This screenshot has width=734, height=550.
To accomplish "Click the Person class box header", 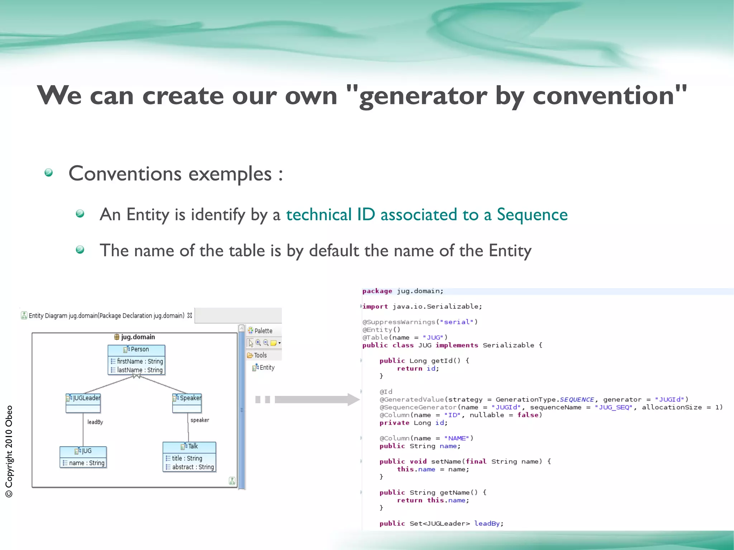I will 136,349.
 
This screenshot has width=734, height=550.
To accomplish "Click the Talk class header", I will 189,446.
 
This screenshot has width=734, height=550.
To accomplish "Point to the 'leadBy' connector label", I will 95,422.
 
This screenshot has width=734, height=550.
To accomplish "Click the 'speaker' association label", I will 200,420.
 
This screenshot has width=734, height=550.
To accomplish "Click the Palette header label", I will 263,331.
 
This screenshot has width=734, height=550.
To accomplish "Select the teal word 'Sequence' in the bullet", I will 532,215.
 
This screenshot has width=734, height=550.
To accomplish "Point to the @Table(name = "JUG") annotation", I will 405,338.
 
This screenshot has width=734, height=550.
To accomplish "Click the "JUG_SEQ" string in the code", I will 613,407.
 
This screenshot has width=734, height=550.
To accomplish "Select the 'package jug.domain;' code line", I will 402,291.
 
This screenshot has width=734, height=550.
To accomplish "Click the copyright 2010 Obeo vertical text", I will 9,451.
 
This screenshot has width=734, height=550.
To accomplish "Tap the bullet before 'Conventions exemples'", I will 49,173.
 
